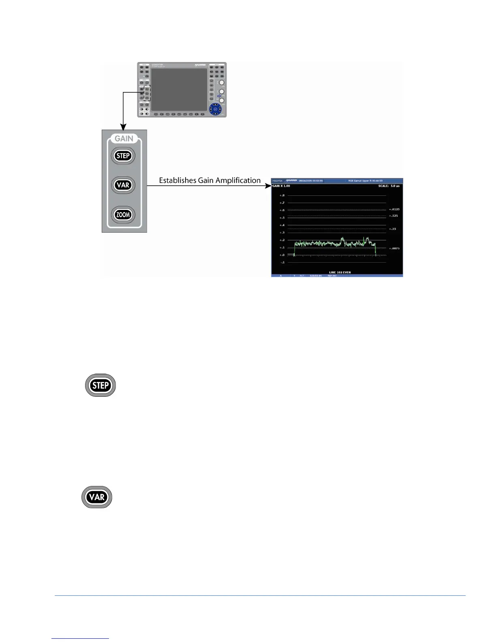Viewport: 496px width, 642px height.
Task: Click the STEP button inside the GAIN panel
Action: pos(123,156)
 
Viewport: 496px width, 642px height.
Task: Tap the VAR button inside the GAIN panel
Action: pos(123,185)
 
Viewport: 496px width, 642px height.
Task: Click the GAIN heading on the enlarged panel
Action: pos(124,139)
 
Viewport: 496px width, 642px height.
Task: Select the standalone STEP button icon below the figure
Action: pos(100,385)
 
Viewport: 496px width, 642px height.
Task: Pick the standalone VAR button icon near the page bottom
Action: pos(97,497)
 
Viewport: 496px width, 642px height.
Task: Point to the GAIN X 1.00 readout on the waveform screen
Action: pos(281,186)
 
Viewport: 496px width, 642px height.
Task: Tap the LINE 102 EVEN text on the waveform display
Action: pos(340,272)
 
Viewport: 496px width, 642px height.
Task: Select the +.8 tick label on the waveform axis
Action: pos(282,195)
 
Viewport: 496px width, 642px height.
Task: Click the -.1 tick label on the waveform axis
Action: pos(282,262)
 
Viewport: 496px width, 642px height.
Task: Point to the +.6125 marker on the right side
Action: pos(394,210)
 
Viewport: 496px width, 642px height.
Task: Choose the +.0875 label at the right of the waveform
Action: pos(394,248)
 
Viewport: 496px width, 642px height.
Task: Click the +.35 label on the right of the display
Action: pos(393,229)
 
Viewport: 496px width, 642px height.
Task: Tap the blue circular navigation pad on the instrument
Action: pos(216,109)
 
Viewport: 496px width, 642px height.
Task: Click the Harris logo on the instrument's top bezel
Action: pos(200,65)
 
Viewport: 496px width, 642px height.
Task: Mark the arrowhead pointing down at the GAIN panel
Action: pos(123,127)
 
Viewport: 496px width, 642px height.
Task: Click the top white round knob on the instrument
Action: pos(222,83)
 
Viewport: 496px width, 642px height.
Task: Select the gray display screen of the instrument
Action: pos(179,90)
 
